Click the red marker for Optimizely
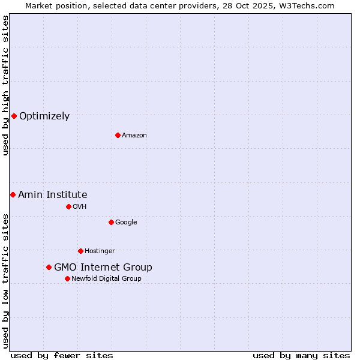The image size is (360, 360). [14, 116]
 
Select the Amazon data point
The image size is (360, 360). [118, 135]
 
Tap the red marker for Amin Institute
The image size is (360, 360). [13, 194]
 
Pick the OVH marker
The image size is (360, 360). [68, 206]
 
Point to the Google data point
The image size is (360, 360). [111, 222]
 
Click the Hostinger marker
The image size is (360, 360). [80, 251]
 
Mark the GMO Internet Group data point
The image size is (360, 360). [49, 267]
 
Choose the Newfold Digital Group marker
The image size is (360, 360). [67, 278]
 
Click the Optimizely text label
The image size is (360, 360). [44, 116]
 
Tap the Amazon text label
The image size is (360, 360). [134, 136]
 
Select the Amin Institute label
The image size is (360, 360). [53, 195]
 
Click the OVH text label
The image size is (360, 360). [80, 207]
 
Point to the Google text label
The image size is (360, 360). [126, 223]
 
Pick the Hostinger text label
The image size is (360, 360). [100, 251]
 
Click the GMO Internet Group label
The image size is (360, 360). [103, 268]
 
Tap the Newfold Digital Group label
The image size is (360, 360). [107, 279]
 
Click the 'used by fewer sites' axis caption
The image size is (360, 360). [62, 355]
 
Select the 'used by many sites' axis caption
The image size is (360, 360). [301, 355]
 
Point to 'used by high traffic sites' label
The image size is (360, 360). [5, 85]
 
